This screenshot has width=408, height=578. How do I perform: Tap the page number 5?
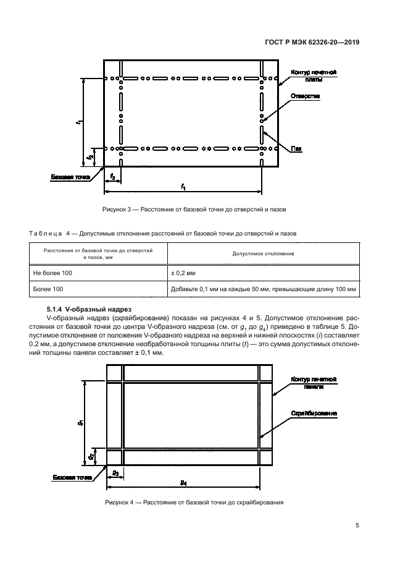coord(357,527)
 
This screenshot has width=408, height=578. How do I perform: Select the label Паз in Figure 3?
coord(297,148)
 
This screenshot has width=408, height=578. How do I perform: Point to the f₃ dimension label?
coord(112,177)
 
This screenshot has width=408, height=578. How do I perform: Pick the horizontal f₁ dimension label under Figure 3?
coord(183,187)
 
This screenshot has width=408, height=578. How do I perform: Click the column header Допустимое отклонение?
coord(262,253)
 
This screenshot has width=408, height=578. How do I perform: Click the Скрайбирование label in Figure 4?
coord(314,413)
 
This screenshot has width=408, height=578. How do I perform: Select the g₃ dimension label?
coord(115,472)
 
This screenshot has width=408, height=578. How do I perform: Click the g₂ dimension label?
coord(91,457)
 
